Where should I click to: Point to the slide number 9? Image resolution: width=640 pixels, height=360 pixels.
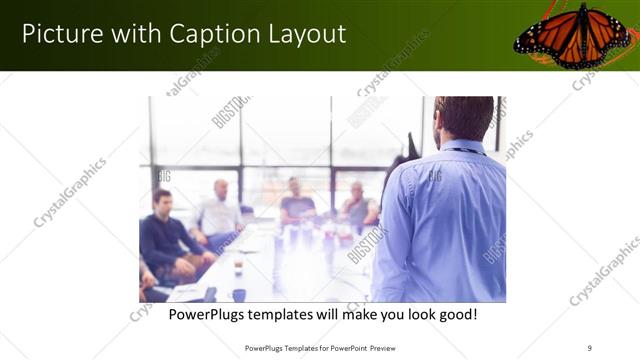590,347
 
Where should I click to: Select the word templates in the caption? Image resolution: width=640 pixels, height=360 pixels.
294,314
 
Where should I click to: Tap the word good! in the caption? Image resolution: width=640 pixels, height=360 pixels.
455,314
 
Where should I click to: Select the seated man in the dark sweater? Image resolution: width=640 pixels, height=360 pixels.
166,235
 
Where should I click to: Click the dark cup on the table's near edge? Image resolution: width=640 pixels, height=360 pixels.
239,294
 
